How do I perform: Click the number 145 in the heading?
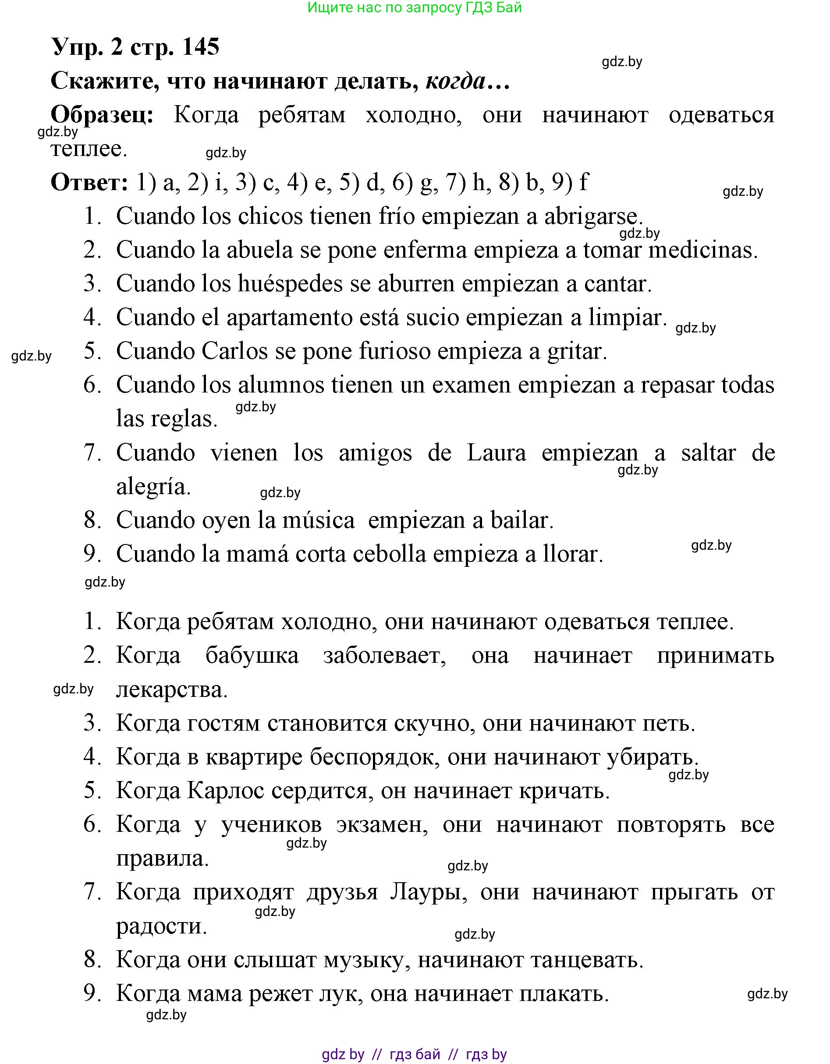pos(200,47)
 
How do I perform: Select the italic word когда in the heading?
pos(456,81)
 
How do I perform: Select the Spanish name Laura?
pos(496,453)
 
